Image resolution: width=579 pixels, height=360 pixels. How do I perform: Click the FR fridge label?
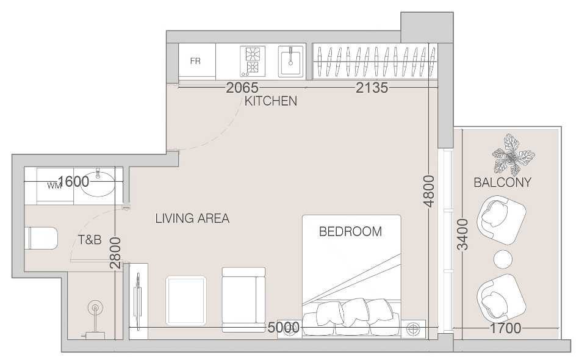(195, 61)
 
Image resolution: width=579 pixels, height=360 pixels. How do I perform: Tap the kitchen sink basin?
(290, 61)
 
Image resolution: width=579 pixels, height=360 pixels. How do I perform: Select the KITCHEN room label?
(271, 101)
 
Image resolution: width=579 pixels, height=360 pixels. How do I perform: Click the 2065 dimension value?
(242, 88)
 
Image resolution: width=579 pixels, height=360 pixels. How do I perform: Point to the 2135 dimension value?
(372, 88)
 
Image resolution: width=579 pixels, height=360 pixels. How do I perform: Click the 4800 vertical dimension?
(429, 191)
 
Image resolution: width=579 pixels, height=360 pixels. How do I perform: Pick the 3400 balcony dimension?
(462, 234)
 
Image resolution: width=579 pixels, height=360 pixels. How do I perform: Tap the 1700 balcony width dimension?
(505, 328)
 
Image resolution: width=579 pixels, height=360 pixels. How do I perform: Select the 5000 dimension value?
(283, 328)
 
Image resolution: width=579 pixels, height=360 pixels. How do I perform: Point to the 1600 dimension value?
(73, 181)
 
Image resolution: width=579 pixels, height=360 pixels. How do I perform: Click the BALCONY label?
(502, 182)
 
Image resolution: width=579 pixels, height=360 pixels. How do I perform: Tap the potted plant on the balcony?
(513, 155)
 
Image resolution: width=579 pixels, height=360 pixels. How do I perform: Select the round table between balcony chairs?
(503, 259)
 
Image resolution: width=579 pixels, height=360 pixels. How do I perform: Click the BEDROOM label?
(350, 231)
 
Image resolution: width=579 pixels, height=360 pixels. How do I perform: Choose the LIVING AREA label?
(192, 218)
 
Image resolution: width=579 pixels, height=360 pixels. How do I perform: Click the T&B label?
(90, 240)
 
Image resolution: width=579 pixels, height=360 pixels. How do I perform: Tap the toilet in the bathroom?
(41, 238)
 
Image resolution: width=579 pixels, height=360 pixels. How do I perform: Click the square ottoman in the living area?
(185, 301)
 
